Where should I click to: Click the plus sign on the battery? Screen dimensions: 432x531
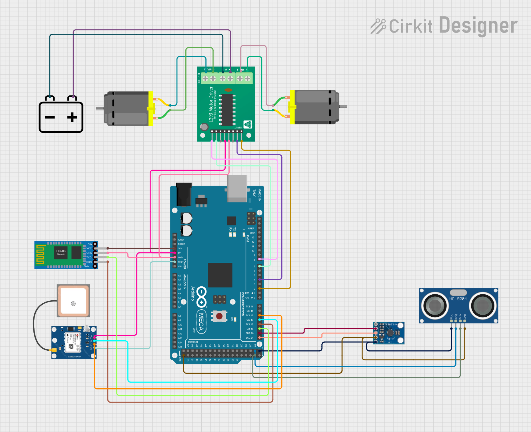click(72, 117)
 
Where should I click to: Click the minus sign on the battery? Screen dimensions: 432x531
click(50, 117)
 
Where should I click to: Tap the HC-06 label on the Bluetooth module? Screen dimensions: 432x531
click(61, 251)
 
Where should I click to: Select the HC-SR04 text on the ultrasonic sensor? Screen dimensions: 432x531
click(458, 299)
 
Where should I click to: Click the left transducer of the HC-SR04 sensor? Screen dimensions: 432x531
click(435, 306)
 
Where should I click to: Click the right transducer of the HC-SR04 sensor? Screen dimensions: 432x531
click(482, 306)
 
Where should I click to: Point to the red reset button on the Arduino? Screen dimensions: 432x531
click(219, 316)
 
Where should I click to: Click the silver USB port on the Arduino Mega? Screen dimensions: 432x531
click(237, 188)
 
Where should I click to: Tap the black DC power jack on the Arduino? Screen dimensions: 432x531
click(184, 194)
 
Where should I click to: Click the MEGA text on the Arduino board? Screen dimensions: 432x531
click(201, 322)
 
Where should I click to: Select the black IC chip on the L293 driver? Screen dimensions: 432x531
click(227, 110)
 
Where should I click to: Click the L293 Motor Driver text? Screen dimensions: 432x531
click(211, 104)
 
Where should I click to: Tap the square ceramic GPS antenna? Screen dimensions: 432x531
click(73, 301)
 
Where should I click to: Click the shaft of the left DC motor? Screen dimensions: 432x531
click(100, 108)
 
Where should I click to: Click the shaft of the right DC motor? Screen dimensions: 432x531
click(343, 107)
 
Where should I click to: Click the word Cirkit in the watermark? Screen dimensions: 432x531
click(410, 27)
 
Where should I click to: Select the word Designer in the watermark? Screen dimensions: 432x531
click(478, 26)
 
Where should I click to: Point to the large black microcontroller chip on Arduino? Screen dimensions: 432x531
click(220, 275)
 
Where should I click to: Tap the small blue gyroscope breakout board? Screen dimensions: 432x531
click(389, 333)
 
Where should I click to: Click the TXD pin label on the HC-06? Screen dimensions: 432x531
click(89, 257)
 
